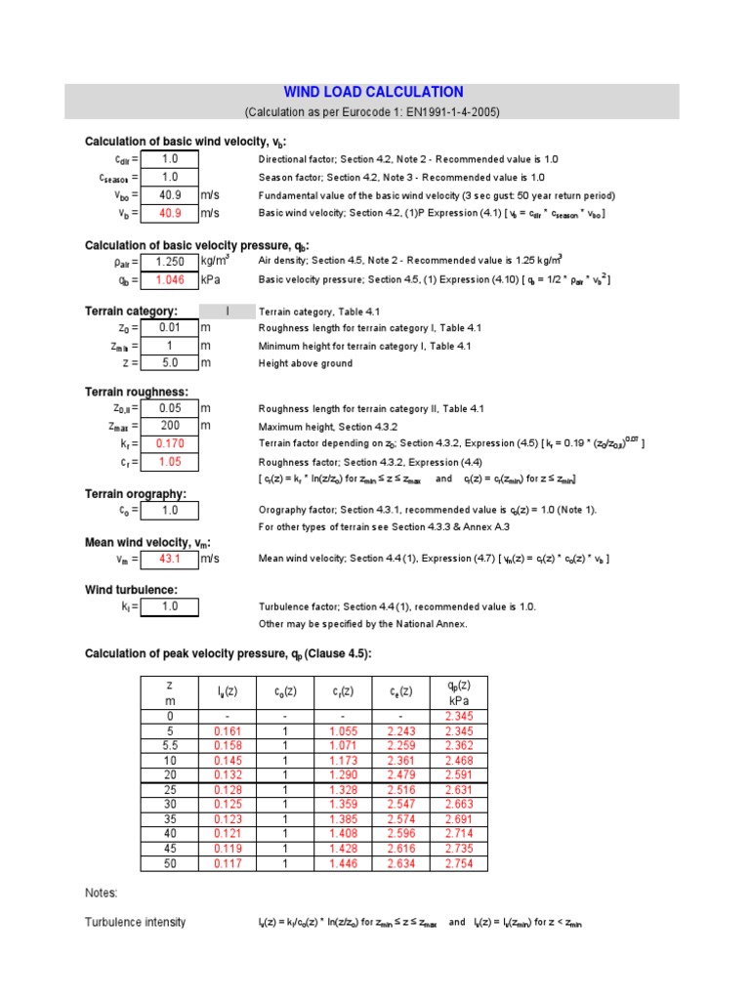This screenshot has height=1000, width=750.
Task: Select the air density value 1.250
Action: (x=170, y=262)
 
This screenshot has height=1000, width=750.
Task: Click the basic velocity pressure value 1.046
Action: (x=170, y=279)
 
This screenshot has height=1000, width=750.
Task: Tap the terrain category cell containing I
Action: (x=227, y=312)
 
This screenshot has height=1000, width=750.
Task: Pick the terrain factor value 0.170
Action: (x=170, y=443)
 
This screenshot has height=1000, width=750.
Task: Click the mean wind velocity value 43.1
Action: (x=170, y=559)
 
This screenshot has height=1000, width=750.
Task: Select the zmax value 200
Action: (x=170, y=426)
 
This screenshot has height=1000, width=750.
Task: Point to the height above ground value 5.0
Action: (x=170, y=363)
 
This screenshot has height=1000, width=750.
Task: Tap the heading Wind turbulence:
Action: (x=132, y=590)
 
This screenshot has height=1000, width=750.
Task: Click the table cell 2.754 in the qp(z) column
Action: (x=458, y=864)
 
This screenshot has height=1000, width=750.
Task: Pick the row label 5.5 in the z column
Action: (x=170, y=747)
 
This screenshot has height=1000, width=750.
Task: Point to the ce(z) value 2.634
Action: (x=400, y=864)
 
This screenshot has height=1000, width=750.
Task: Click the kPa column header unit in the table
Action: (x=458, y=700)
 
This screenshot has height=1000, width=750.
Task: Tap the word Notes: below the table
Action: (x=102, y=893)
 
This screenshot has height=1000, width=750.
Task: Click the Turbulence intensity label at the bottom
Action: (x=135, y=922)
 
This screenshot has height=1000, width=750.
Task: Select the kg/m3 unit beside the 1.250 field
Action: (x=216, y=261)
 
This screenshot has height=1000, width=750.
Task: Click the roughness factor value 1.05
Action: (x=170, y=461)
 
